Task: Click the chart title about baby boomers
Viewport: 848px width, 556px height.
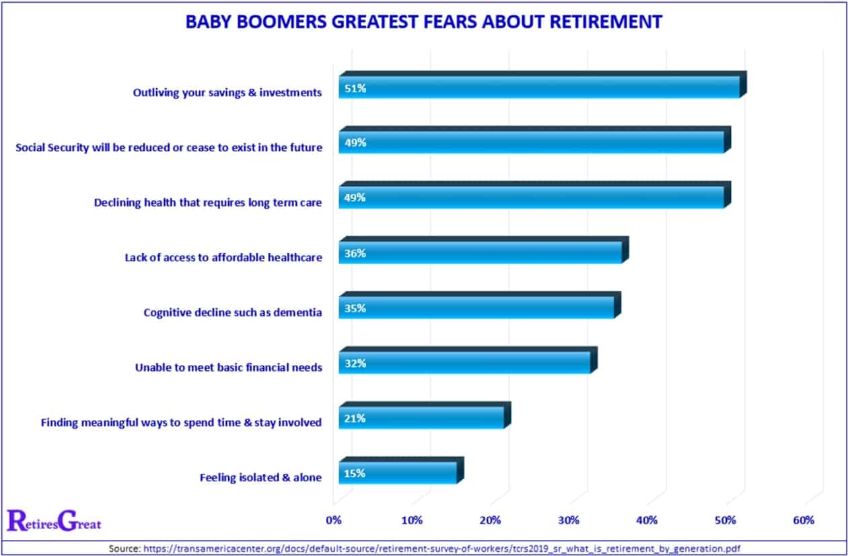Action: coord(424,22)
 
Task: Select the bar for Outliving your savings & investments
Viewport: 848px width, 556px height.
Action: coord(538,88)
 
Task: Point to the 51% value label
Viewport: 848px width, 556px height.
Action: coord(355,88)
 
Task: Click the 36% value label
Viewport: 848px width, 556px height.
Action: coord(355,254)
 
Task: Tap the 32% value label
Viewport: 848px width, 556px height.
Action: coord(355,363)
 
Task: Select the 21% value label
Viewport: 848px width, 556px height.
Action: coord(355,418)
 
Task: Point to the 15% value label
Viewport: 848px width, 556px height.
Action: coord(355,473)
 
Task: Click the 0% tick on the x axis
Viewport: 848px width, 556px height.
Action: coord(334,520)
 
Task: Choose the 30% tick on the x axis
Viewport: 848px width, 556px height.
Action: coord(569,520)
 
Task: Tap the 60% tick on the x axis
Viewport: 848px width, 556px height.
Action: coord(804,520)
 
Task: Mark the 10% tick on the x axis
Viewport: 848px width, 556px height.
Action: coord(412,520)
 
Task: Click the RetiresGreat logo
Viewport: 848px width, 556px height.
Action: coord(54,520)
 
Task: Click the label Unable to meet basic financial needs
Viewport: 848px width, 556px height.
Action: coord(228,368)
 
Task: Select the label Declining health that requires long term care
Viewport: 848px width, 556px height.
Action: coord(208,202)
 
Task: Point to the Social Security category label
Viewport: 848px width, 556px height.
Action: coord(169,147)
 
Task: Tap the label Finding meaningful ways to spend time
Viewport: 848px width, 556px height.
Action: coord(181,423)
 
